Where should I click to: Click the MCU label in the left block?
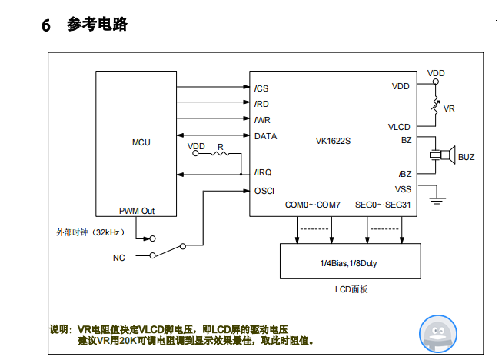coord(141,142)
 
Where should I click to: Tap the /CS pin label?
coord(261,88)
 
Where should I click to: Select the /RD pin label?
coord(261,104)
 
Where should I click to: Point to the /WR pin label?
coord(262,120)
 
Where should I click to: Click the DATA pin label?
coord(265,136)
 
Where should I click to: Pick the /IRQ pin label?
coord(264,173)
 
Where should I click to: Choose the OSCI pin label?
coord(264,190)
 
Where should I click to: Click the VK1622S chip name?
coord(333,142)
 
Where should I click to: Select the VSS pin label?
coord(403,189)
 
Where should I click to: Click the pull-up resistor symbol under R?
coord(221,154)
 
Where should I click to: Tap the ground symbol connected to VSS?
coord(437,201)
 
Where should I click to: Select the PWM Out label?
coord(137,210)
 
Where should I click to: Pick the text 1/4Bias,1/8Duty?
coord(348,263)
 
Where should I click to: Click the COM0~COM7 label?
coord(312,205)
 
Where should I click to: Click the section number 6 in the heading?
coord(45,25)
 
